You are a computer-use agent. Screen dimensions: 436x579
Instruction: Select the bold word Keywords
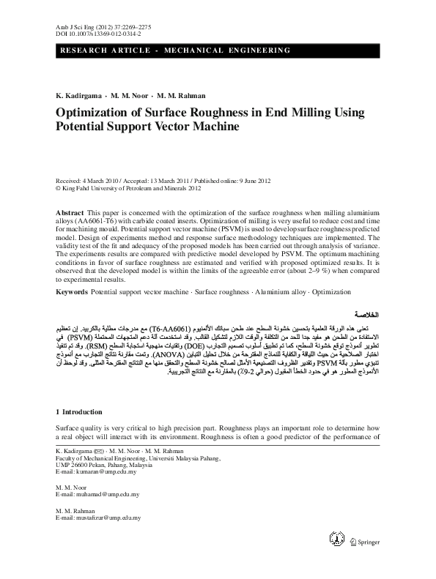click(x=72, y=292)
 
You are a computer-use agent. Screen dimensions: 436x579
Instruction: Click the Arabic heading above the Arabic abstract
click(x=363, y=312)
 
